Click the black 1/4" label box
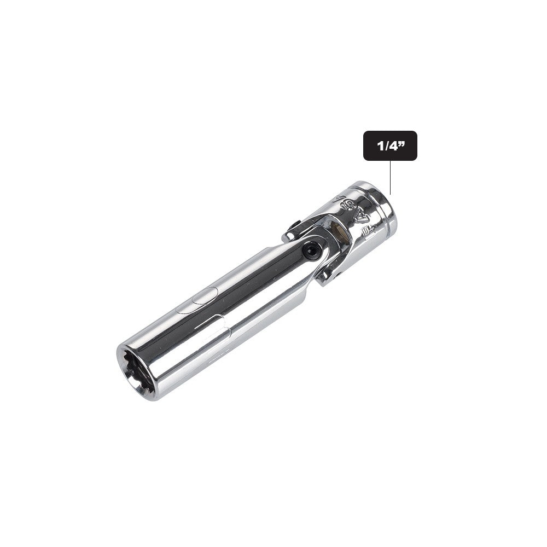pos(390,146)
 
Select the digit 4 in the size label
pos(392,146)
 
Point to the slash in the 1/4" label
pos(385,146)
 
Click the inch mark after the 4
pos(403,143)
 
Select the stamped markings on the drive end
pos(350,213)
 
